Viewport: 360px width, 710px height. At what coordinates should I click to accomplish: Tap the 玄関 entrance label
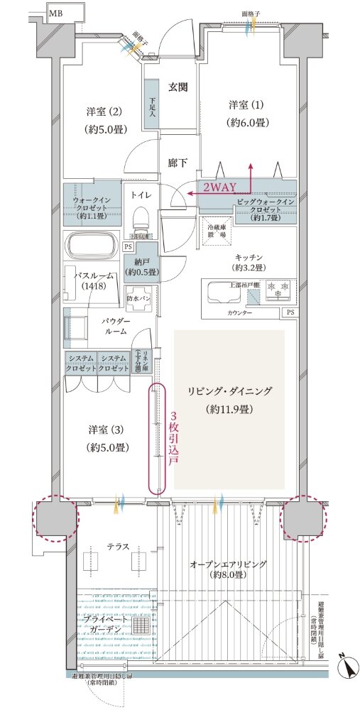[178, 87]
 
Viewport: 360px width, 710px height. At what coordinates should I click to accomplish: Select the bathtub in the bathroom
[92, 247]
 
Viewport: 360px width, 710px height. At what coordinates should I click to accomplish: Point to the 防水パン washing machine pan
[139, 299]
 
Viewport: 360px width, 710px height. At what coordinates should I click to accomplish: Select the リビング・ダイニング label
[229, 391]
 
